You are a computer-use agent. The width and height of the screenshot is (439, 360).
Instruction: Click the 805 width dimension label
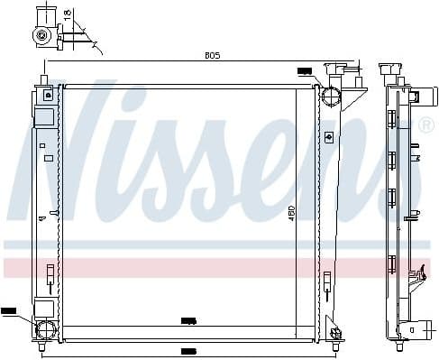click(x=211, y=55)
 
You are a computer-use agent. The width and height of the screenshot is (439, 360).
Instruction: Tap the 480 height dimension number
click(x=291, y=215)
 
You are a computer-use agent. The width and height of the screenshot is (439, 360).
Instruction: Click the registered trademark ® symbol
click(x=425, y=125)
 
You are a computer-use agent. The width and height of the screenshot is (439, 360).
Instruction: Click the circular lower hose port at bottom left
click(x=42, y=328)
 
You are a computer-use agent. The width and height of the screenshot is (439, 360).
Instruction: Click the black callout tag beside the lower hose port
click(x=8, y=310)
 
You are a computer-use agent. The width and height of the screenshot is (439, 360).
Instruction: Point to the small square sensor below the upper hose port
click(x=329, y=136)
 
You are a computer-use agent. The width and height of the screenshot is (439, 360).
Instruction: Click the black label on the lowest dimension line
click(x=188, y=351)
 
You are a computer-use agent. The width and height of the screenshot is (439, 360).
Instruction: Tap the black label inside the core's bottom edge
click(x=187, y=320)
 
